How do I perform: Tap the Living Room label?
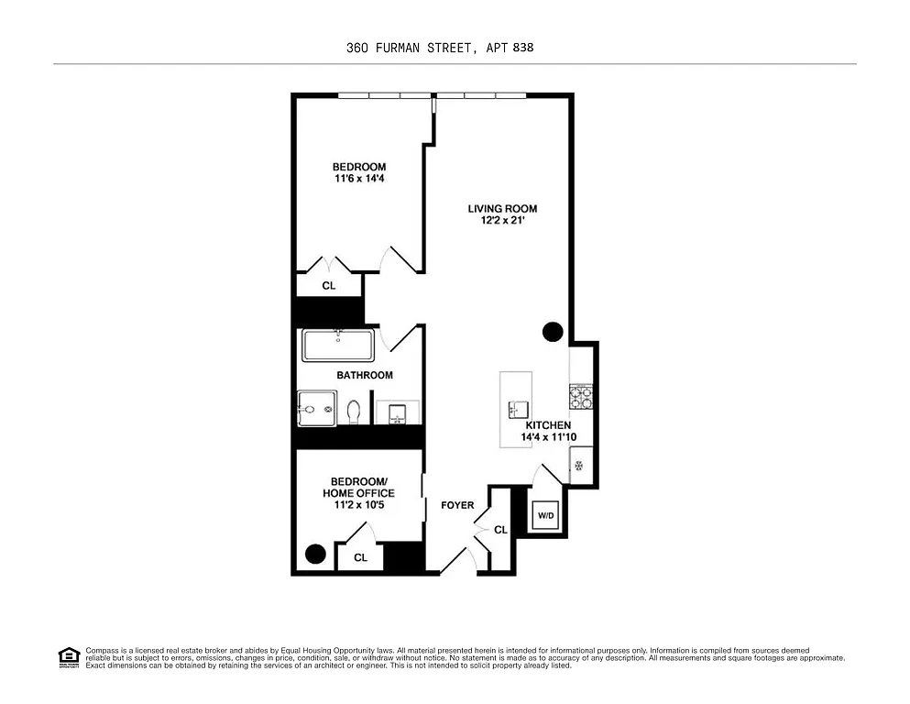(x=502, y=209)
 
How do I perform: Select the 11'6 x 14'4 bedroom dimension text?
(x=359, y=180)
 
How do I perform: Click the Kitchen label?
(x=548, y=425)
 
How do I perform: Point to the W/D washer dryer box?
(x=546, y=516)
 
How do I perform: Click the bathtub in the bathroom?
(x=337, y=346)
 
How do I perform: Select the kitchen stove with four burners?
(x=582, y=397)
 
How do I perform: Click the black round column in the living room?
(x=553, y=332)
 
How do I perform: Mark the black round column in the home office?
(x=315, y=554)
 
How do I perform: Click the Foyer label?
(x=457, y=505)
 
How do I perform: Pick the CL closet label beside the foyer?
(x=500, y=530)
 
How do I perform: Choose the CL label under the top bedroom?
(x=329, y=286)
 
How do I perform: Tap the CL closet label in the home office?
(x=360, y=557)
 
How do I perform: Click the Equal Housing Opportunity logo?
(x=69, y=655)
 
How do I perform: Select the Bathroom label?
(x=364, y=375)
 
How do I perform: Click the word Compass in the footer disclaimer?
(x=102, y=650)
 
